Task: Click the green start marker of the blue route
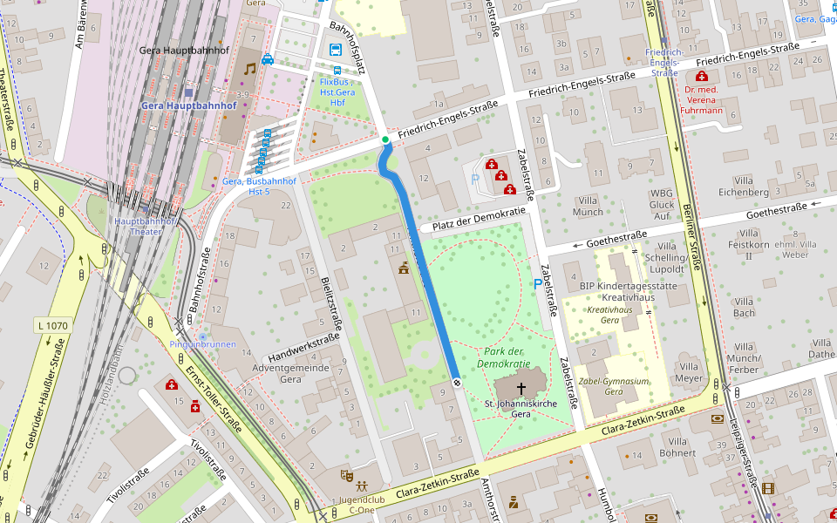[384, 139]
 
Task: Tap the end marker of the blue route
[456, 382]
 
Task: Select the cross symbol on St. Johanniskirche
[521, 388]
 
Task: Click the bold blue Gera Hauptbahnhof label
[189, 105]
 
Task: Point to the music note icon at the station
[250, 68]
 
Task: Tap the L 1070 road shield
[52, 325]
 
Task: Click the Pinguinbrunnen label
[202, 344]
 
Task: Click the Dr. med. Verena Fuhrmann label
[703, 99]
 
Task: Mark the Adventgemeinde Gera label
[290, 373]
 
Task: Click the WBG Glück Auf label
[662, 204]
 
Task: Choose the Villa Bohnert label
[677, 447]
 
